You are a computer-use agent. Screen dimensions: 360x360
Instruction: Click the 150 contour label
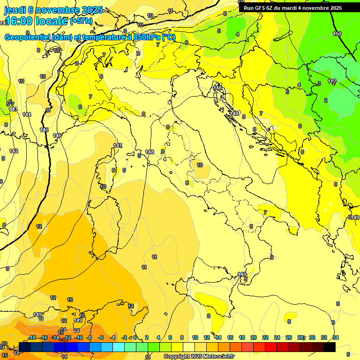[337, 34]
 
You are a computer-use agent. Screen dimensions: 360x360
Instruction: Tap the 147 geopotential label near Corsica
[118, 146]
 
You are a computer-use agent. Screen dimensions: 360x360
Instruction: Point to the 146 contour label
[57, 135]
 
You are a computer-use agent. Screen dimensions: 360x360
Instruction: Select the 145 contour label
[44, 130]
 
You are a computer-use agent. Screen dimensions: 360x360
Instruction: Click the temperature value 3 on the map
[319, 83]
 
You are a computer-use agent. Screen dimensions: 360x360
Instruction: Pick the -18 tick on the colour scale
[32, 337]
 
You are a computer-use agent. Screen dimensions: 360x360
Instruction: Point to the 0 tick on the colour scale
[135, 337]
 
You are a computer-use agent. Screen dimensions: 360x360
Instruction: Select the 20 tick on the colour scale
[254, 337]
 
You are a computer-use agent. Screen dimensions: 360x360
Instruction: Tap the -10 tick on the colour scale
[79, 337]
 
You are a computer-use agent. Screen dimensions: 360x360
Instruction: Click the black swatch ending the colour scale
[330, 347]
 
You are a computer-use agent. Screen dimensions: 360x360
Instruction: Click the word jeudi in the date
[15, 10]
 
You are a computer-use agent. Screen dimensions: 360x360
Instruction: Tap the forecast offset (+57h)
[81, 22]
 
